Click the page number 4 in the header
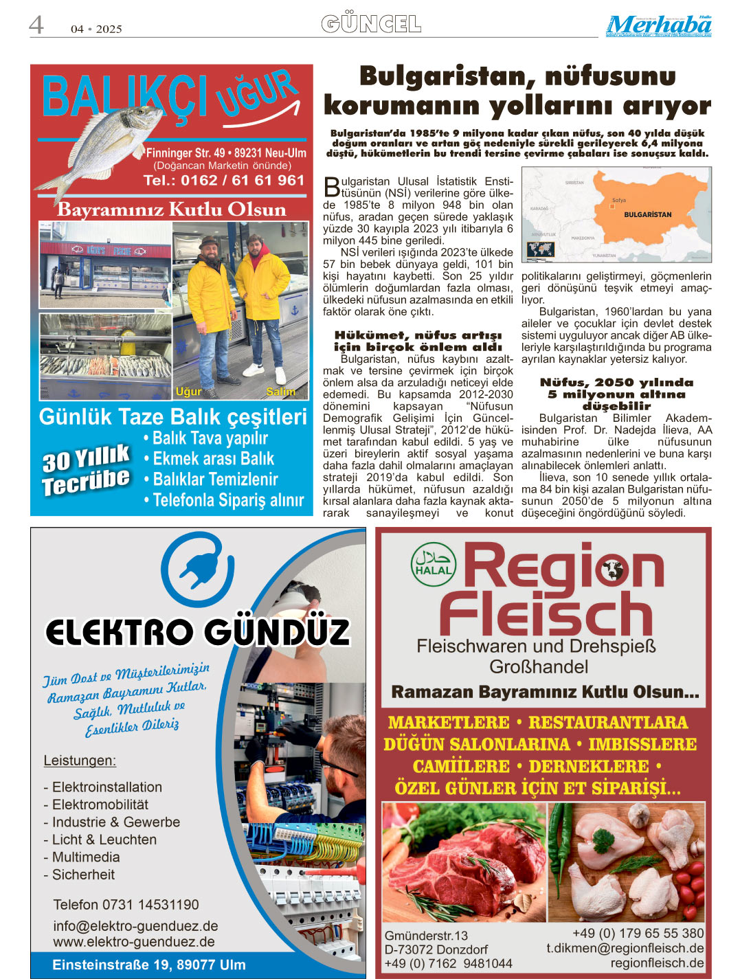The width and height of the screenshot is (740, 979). click(36, 25)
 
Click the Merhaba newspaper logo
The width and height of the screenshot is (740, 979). click(658, 25)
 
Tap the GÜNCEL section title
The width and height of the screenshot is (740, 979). click(371, 24)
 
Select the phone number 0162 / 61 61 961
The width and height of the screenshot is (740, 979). click(224, 181)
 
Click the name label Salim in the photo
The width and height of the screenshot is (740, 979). click(281, 392)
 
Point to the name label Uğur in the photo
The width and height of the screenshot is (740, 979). click(188, 392)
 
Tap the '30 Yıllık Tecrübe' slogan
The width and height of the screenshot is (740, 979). click(86, 470)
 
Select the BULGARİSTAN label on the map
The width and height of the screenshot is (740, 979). click(647, 215)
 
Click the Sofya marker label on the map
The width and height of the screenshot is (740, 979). click(618, 201)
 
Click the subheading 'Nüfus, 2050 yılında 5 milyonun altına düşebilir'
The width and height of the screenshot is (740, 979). click(616, 394)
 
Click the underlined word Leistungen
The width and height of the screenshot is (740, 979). click(80, 761)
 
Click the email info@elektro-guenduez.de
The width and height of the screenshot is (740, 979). click(135, 926)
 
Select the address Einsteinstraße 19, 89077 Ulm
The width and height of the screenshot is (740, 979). click(148, 965)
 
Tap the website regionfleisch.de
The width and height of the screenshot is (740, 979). click(657, 963)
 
